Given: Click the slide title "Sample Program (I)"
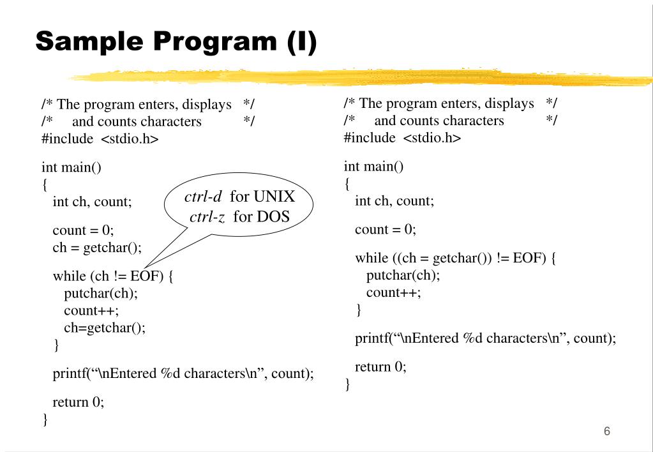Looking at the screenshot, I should (x=176, y=41).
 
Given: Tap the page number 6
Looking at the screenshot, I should (x=606, y=432).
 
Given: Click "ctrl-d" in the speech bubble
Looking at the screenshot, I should (x=202, y=197).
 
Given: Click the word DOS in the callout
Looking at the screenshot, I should (x=274, y=216).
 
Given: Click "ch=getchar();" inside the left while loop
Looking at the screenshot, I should (x=105, y=328).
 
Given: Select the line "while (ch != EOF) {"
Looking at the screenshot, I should (x=113, y=276).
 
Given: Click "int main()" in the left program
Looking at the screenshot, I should (x=71, y=168).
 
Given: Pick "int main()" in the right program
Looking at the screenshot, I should (x=373, y=167).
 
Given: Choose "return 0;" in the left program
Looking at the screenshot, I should (x=78, y=402).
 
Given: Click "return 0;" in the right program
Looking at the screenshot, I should (x=380, y=367).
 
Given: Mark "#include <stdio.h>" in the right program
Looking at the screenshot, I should (x=402, y=138).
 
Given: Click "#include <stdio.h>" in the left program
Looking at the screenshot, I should (x=100, y=139).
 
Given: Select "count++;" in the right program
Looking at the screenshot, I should (x=393, y=293).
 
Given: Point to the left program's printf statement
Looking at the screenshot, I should (x=183, y=373).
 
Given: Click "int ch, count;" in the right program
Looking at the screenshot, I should (x=394, y=201).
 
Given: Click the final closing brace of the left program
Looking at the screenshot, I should (x=45, y=419).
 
